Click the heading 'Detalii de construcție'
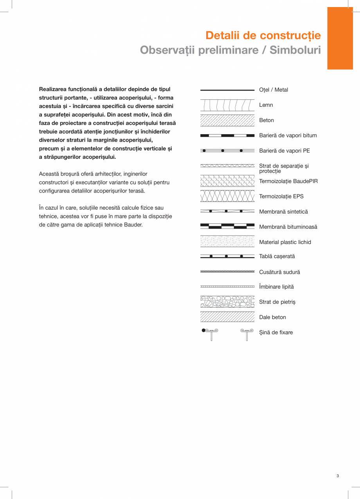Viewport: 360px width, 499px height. (x=263, y=36)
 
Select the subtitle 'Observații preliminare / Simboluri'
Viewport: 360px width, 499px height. (x=230, y=50)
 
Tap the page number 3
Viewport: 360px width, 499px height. (x=337, y=476)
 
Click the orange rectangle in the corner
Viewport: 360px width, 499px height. (x=340, y=38)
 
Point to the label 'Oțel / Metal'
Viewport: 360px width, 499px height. (x=274, y=90)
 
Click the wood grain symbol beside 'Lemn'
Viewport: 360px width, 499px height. (x=227, y=105)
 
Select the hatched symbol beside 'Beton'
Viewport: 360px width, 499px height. (x=227, y=120)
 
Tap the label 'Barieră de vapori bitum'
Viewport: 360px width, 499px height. (x=288, y=136)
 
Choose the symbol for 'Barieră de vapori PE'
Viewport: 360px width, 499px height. (x=227, y=151)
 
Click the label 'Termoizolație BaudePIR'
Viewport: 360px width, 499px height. (x=288, y=181)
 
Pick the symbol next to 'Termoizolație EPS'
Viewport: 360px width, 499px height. (x=227, y=196)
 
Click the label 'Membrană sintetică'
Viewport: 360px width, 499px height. (x=283, y=212)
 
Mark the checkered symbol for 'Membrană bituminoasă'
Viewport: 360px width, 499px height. (x=227, y=226)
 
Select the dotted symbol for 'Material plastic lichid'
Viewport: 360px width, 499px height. (x=227, y=242)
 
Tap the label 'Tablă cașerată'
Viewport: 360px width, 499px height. (x=277, y=257)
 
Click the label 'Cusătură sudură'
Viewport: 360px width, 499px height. (x=279, y=272)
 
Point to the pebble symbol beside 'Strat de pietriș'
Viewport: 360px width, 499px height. (x=227, y=302)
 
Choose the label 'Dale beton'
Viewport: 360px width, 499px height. (x=272, y=318)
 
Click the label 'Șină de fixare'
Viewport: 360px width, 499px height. (x=276, y=333)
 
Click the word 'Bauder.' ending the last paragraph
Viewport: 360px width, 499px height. (x=133, y=225)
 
